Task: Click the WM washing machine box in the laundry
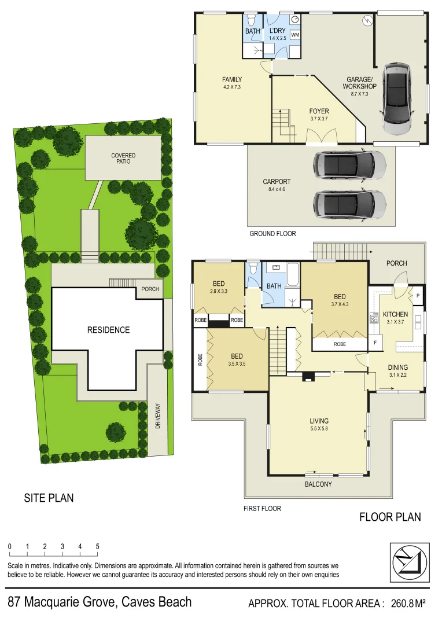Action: tap(295, 35)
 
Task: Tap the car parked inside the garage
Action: tap(397, 97)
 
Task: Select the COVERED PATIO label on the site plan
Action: tap(123, 159)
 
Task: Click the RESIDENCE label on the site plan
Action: tap(108, 330)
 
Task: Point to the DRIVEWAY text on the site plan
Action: tap(157, 416)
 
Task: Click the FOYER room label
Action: tap(319, 111)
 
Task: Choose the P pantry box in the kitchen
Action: tap(418, 295)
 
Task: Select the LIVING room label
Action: tap(319, 421)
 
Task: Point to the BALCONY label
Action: tap(318, 484)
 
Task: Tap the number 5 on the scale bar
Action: tap(98, 546)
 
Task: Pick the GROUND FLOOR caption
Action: tap(272, 234)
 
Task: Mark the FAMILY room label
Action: tap(232, 80)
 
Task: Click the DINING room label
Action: tap(398, 367)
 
